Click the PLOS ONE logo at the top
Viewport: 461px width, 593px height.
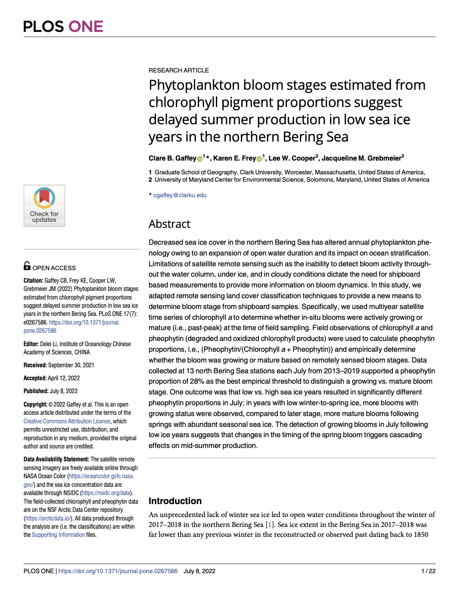point(63,27)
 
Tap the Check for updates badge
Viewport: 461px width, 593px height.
point(44,206)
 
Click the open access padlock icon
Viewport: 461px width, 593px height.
point(27,266)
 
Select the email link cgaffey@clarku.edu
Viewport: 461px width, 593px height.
point(180,195)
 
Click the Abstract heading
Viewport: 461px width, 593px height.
point(169,224)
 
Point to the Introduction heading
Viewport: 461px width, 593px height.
point(175,501)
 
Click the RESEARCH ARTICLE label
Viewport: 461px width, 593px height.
point(179,70)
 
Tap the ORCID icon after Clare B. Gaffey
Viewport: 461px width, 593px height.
point(200,159)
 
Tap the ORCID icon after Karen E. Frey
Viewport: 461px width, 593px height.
point(259,159)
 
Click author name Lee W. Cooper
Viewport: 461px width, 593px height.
point(292,158)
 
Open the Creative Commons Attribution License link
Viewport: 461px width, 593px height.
point(67,421)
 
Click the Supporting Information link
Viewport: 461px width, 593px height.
point(58,535)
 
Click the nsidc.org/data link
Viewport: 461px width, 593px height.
point(106,493)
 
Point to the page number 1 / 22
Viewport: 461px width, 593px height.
point(428,571)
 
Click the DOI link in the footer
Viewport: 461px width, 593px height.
point(118,571)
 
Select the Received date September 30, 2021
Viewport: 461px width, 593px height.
point(71,365)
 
